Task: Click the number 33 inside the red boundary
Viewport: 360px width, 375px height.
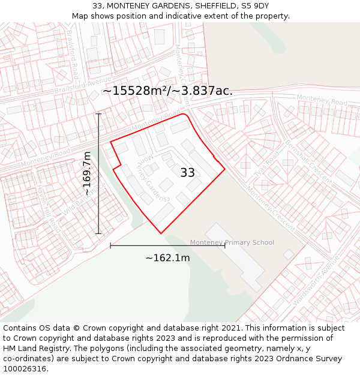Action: (x=188, y=173)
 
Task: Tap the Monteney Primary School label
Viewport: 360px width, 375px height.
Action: (x=232, y=242)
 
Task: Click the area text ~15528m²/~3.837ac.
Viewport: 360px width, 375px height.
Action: (x=167, y=91)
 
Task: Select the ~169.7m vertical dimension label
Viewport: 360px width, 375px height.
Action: (x=87, y=173)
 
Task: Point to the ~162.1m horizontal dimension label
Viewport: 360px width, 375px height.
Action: (x=167, y=258)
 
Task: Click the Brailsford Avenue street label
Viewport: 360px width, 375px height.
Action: (x=83, y=85)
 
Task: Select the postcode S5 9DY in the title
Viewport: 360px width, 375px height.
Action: (x=256, y=5)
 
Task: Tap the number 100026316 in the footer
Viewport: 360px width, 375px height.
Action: (x=25, y=369)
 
